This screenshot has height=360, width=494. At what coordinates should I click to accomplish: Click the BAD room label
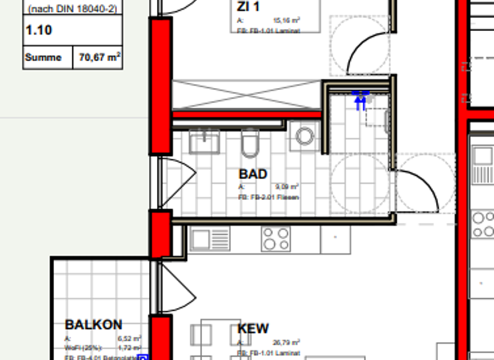click(x=253, y=174)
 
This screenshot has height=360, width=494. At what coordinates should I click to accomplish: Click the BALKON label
click(x=93, y=325)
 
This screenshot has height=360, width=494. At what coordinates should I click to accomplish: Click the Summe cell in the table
click(x=43, y=57)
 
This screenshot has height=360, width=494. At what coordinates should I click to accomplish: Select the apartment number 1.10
click(x=39, y=30)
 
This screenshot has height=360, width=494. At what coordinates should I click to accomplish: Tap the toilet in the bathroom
click(x=250, y=142)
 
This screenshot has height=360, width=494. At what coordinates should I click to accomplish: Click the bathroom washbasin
click(x=205, y=141)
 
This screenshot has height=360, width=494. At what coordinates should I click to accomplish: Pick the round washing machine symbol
click(x=305, y=136)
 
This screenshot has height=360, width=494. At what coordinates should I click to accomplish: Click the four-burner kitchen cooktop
click(x=275, y=239)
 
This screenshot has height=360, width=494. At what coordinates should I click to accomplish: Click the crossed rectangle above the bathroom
click(x=246, y=94)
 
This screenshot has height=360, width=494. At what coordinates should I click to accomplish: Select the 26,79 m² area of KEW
click(x=287, y=343)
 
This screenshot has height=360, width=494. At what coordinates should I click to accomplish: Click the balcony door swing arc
click(x=179, y=286)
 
